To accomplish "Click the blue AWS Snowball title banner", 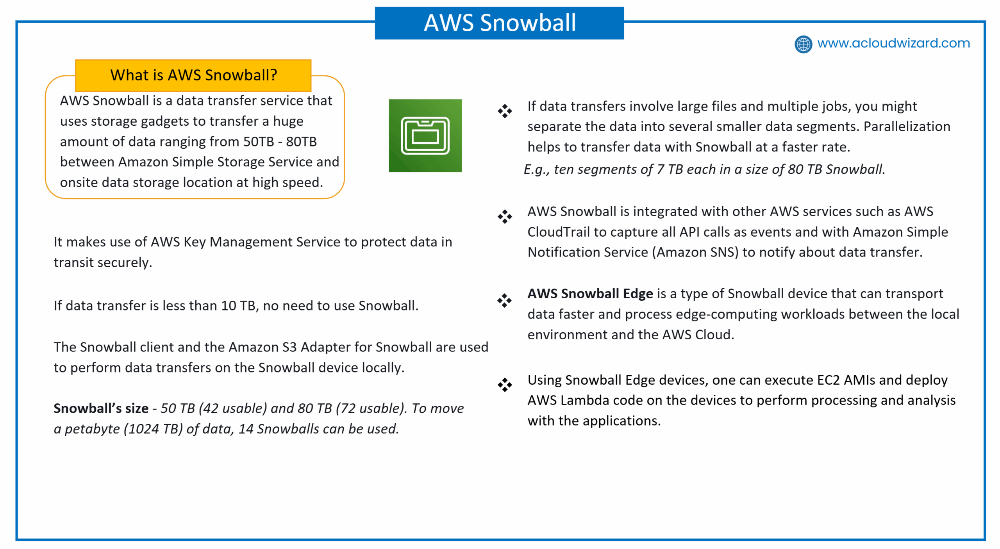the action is [499, 23].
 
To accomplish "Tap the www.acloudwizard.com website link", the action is [893, 43].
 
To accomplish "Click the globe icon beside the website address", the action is [803, 44].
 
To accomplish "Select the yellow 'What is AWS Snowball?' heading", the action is [193, 75].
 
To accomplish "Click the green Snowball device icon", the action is [425, 135].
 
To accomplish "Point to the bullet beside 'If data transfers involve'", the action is [505, 111].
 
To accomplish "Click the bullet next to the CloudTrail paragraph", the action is [505, 217].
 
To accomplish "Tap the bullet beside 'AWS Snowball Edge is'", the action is [504, 301].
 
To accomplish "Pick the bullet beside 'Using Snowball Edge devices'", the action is [505, 385].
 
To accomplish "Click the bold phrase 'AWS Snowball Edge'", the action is [590, 294].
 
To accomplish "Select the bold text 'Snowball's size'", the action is [101, 408].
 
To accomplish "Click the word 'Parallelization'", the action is [907, 127].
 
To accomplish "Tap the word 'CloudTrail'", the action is [558, 232].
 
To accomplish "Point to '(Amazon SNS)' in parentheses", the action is [695, 253].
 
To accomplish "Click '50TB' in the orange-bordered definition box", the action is [259, 142].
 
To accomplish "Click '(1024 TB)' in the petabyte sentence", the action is [153, 429].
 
